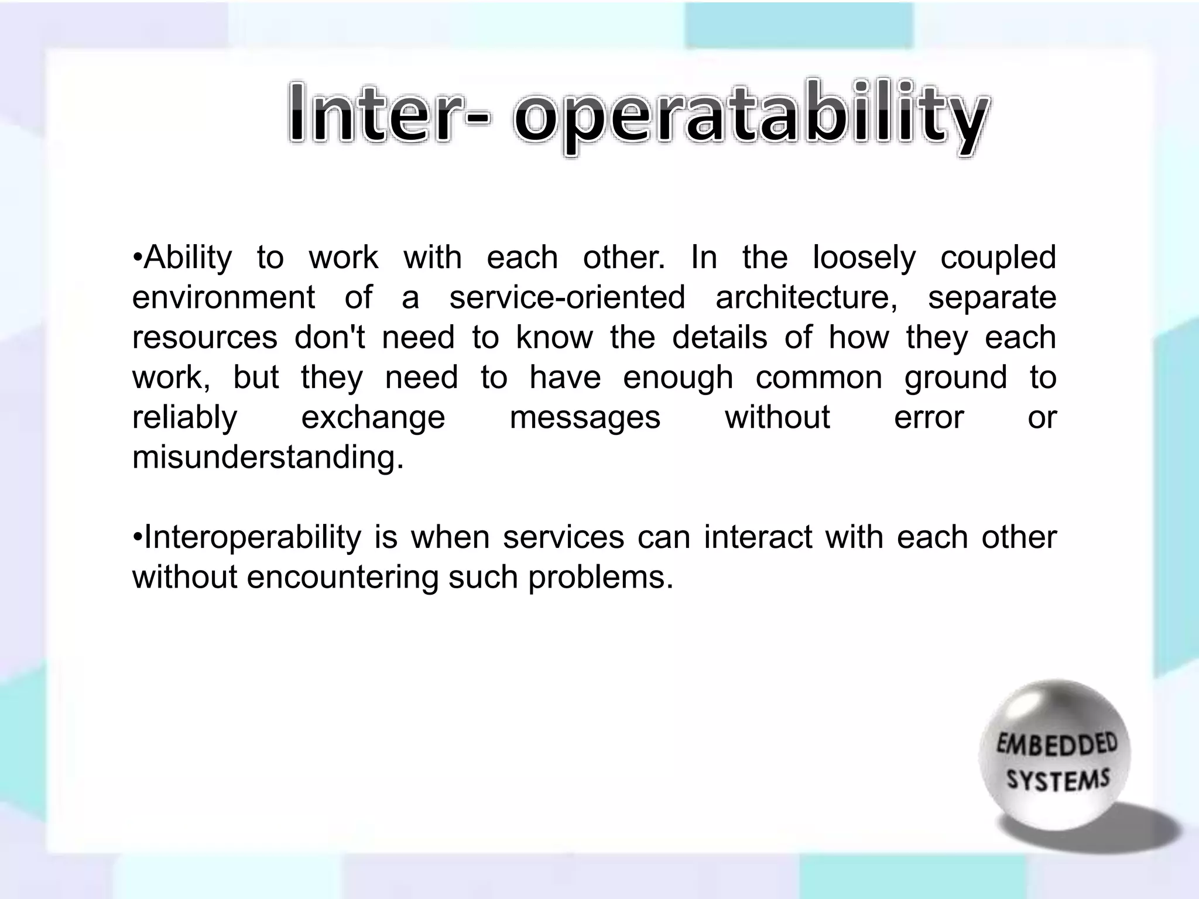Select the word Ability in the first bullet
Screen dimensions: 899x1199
coord(187,258)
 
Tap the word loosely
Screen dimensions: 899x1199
coord(864,258)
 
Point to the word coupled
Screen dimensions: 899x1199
coord(998,258)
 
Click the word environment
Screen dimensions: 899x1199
coord(223,297)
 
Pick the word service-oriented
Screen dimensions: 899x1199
coord(567,297)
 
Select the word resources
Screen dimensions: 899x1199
coord(205,338)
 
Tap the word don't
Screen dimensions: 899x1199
coord(330,338)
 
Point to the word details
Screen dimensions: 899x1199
coord(720,338)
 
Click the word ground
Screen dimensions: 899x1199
coord(955,378)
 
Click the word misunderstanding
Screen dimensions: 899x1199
coord(268,457)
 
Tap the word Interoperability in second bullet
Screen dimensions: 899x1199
coord(252,538)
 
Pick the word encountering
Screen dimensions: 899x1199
coord(342,578)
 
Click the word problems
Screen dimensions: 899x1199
coord(600,578)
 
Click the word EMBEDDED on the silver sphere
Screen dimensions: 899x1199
coord(1057,746)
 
